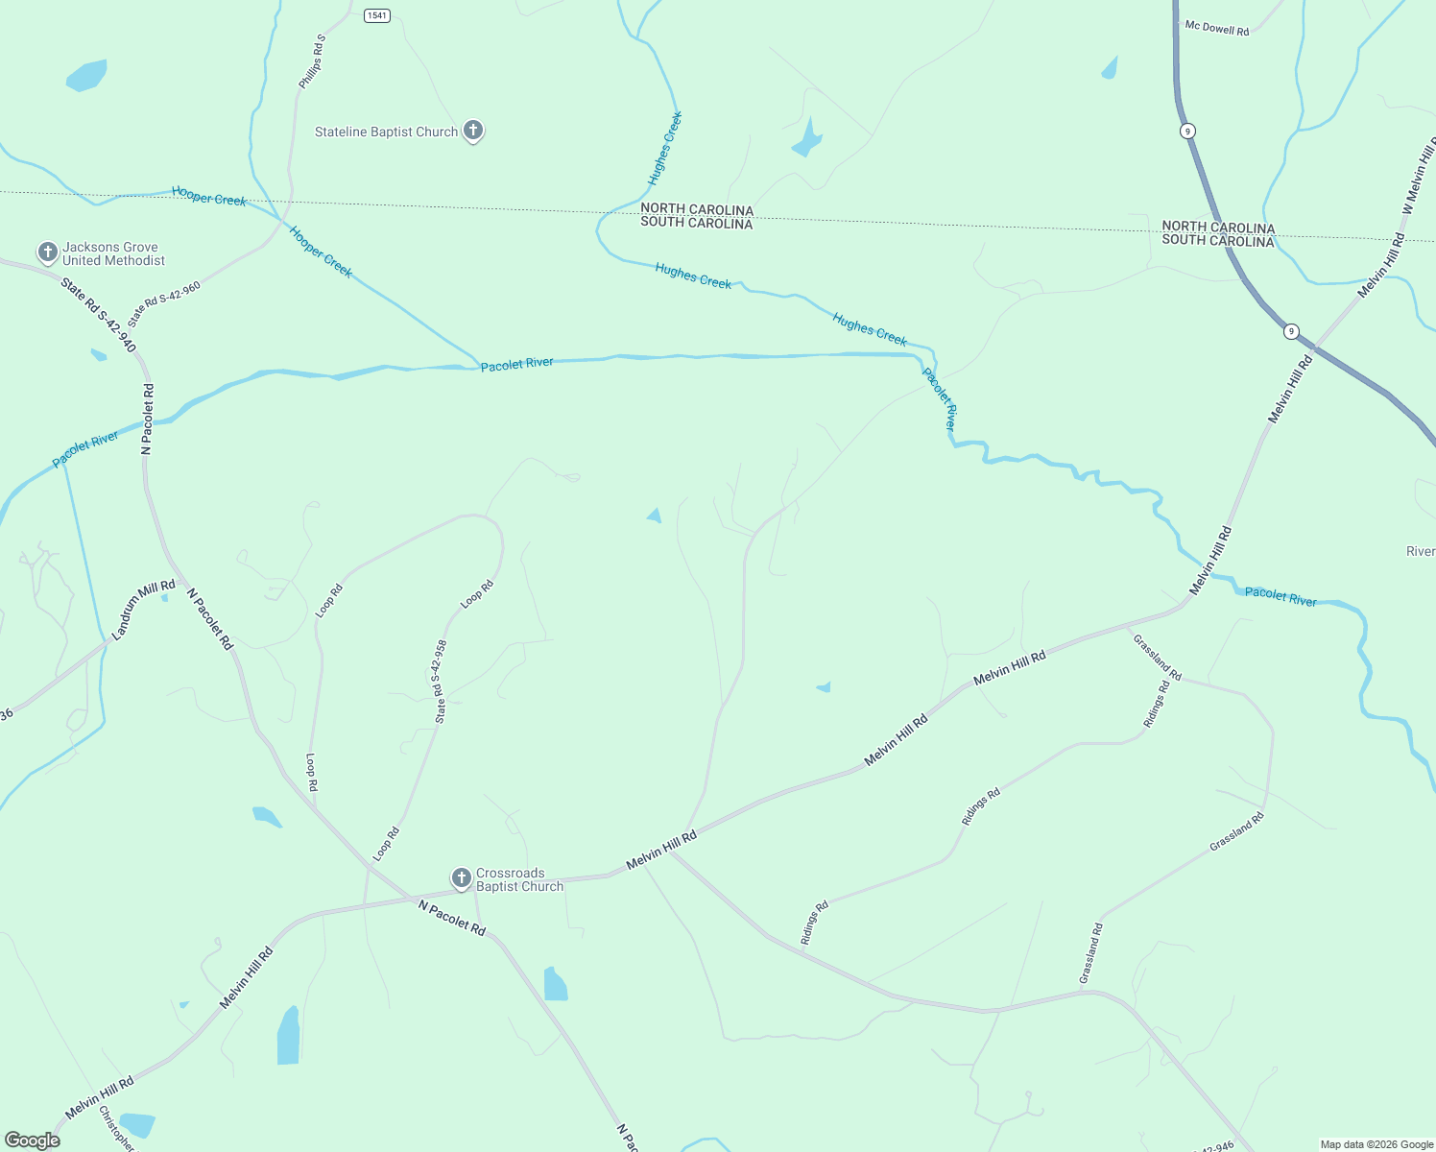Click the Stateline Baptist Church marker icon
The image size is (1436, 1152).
tap(472, 131)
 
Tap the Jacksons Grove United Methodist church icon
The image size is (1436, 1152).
tap(47, 252)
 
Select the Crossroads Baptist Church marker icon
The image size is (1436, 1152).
tap(462, 877)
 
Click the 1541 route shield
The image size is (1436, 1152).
tap(377, 15)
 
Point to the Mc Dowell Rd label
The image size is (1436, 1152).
tap(1217, 29)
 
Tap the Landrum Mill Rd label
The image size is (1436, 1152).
tap(144, 610)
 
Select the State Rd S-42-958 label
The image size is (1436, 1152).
tap(440, 682)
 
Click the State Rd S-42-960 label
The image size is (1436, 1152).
tap(164, 304)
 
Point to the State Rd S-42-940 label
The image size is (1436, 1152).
tap(99, 314)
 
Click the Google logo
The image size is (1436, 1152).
tap(33, 1140)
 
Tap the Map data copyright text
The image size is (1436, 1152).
tap(1376, 1144)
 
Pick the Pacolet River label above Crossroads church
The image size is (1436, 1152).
tap(516, 364)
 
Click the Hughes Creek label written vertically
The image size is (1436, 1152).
tap(664, 149)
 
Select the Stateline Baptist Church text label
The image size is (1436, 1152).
tap(386, 132)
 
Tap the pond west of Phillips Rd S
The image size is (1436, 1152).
tap(86, 75)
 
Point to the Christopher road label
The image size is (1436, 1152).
tap(115, 1128)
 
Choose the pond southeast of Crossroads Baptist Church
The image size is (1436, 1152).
tap(555, 984)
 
